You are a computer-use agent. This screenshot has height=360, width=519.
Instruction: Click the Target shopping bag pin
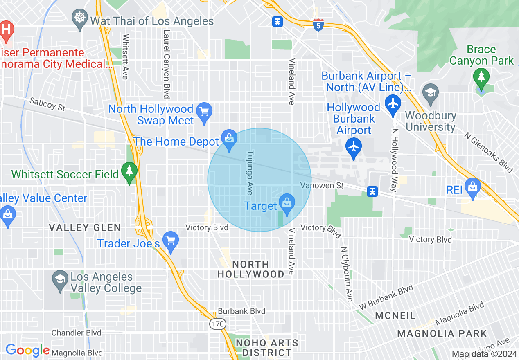[287, 203]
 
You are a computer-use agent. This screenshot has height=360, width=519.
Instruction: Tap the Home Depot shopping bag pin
[230, 139]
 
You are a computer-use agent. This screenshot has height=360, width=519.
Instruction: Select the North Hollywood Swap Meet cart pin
[204, 112]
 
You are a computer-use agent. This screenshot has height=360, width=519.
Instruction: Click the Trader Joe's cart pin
[170, 241]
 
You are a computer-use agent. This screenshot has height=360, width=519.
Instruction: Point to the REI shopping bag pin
[473, 187]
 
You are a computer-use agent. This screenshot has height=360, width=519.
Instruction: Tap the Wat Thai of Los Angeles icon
[79, 18]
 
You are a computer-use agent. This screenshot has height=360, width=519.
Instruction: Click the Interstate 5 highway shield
[318, 25]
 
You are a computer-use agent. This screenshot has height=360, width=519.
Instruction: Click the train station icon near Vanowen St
[372, 191]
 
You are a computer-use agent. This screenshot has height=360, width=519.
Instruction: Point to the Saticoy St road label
[47, 104]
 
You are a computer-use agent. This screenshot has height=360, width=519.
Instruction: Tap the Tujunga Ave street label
[250, 172]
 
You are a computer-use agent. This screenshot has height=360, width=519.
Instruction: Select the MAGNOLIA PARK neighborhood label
[442, 334]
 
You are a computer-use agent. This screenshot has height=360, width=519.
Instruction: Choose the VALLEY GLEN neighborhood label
[85, 228]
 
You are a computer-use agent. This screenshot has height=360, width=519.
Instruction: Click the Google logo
[27, 350]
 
